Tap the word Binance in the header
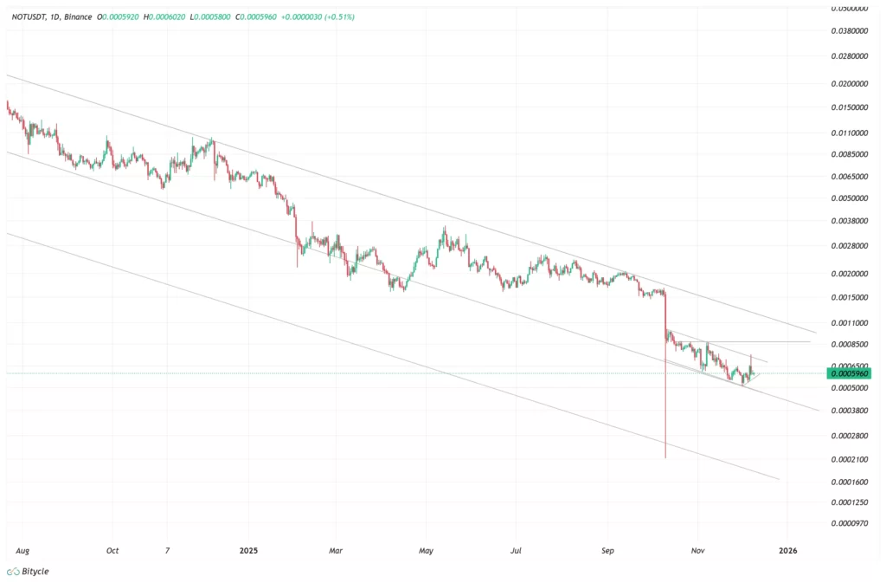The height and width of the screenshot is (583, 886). click(78, 16)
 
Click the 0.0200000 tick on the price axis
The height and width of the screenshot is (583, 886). click(849, 84)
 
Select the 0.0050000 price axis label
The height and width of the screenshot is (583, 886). click(849, 198)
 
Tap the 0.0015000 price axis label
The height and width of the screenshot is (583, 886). click(849, 297)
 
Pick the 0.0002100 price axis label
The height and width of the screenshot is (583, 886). click(849, 459)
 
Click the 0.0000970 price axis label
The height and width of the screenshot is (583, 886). click(849, 523)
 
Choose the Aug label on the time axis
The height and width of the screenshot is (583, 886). click(22, 549)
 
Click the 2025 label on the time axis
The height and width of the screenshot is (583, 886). click(248, 549)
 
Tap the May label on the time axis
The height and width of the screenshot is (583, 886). click(426, 549)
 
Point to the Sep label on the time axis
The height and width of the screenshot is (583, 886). click(607, 549)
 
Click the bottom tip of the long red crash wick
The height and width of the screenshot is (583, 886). click(665, 457)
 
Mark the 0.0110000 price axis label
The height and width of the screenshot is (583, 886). click(849, 133)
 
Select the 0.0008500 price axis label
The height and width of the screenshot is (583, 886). click(849, 344)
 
